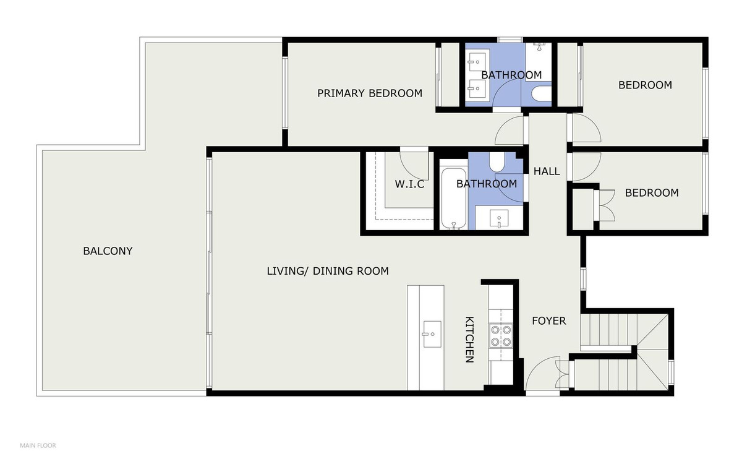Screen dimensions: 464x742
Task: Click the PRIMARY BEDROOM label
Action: tap(370, 93)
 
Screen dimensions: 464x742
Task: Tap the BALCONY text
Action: tap(108, 251)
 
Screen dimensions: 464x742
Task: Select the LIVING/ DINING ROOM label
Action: tap(328, 271)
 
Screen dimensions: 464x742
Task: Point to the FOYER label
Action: tap(549, 321)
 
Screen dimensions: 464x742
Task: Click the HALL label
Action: tap(547, 171)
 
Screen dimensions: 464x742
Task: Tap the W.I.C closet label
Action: tap(409, 184)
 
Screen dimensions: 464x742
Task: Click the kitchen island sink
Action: tap(431, 334)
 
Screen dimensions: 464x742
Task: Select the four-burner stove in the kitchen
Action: tap(500, 335)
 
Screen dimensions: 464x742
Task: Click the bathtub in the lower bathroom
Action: tap(453, 195)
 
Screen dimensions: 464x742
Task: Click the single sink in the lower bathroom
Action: tap(499, 218)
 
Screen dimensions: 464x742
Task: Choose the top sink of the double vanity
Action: tap(476, 61)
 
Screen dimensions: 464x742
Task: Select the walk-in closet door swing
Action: tap(413, 162)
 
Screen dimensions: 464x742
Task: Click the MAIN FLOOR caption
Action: tap(38, 445)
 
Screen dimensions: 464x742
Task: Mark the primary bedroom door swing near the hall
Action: tap(510, 131)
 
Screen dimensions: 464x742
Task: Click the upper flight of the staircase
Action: tap(609, 332)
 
